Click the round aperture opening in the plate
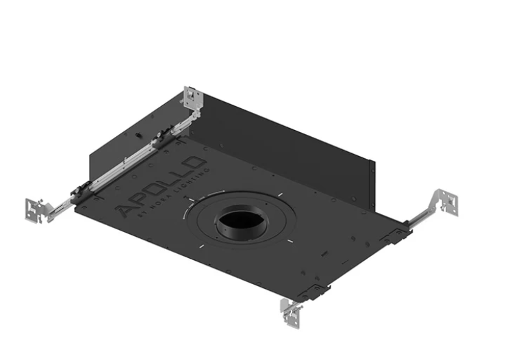239,223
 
